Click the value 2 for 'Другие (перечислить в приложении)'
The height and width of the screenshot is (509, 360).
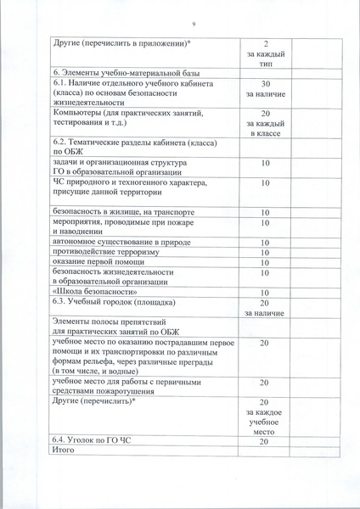pos(266,42)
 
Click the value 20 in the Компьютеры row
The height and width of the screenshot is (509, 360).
pos(266,113)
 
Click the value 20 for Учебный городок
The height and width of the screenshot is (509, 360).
pos(265,303)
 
